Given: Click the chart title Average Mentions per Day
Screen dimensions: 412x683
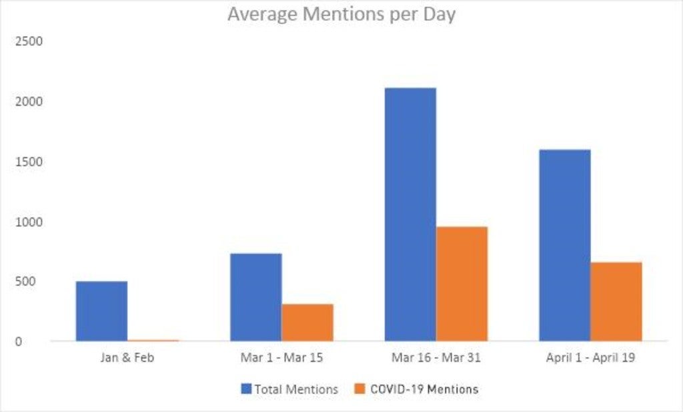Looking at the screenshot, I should [341, 14].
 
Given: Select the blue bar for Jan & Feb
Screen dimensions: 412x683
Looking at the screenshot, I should [101, 311].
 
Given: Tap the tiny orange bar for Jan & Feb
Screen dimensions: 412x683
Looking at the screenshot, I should [153, 341].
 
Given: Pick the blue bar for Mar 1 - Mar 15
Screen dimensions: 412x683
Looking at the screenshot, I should [255, 297].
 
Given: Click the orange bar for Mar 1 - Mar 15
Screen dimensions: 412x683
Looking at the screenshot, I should [307, 323].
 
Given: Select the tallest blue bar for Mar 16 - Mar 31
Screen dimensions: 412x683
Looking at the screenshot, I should [410, 214].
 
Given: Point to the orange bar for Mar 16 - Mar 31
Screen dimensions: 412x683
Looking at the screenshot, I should [462, 284].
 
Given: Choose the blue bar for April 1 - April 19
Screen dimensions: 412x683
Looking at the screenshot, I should [564, 245].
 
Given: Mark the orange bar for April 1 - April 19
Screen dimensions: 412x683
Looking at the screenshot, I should [616, 301].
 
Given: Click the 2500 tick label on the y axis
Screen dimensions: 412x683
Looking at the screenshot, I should [29, 41].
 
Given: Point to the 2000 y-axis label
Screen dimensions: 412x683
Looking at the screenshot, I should [29, 101].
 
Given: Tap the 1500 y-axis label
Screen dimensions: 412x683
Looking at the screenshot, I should [29, 162].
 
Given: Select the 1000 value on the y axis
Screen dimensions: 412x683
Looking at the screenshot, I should [29, 222].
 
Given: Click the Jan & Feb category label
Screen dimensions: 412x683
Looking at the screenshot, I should [127, 358].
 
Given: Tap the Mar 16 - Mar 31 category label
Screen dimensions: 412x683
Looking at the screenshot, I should [436, 358].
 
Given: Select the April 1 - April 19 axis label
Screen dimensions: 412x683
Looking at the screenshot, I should [590, 358].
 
